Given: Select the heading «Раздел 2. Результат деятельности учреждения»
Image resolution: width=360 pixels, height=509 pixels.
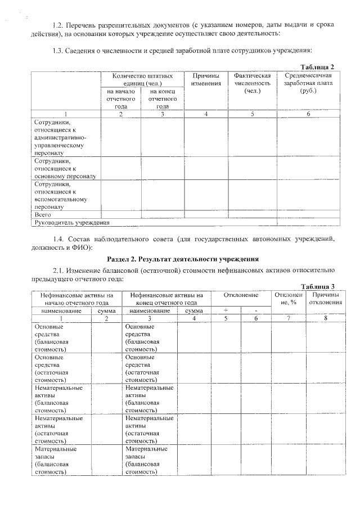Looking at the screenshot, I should point(182,259).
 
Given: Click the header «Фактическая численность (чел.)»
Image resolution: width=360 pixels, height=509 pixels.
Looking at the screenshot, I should point(252,83).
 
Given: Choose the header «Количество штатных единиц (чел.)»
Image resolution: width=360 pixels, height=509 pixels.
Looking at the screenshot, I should point(142,79).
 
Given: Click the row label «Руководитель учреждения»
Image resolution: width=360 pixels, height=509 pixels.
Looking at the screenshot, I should point(64,223).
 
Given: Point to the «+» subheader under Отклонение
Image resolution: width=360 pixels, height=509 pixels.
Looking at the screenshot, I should point(226,310).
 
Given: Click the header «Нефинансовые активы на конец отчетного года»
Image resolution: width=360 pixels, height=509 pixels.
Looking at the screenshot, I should point(166,299).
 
